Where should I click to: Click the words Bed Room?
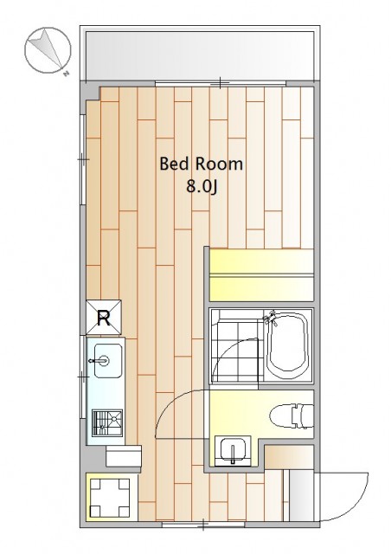[201, 164]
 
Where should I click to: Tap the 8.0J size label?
[202, 187]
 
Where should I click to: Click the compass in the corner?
[48, 50]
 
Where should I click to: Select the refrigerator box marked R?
[104, 318]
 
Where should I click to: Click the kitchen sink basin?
[108, 360]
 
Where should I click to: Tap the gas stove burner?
[107, 422]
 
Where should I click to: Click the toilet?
[292, 416]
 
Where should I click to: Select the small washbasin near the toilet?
[233, 450]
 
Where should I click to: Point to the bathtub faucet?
[272, 318]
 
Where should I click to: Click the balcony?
[201, 55]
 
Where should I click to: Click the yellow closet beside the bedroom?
[261, 275]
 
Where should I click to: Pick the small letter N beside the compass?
[66, 74]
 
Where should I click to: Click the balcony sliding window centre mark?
[220, 83]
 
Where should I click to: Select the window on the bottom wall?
[203, 525]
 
